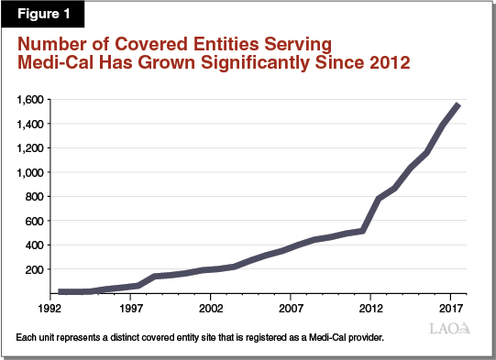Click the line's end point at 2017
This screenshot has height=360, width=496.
coord(458,104)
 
